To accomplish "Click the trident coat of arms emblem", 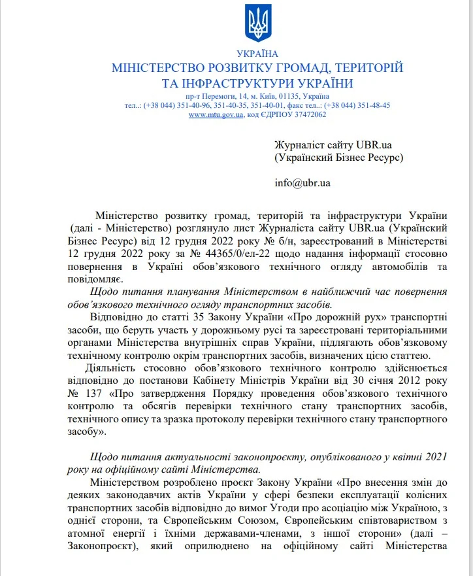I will coord(257,24).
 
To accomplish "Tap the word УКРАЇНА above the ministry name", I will coord(257,54).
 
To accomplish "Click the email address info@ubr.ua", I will coord(302,182).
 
